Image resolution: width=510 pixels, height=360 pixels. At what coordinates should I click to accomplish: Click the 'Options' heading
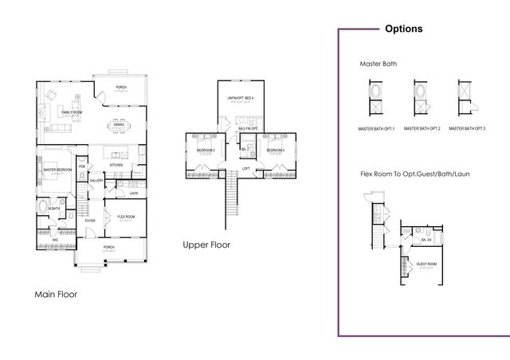pos(403,29)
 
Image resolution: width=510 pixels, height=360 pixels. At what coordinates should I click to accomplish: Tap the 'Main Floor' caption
pos(61,294)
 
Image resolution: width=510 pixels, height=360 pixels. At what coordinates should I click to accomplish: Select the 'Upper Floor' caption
pos(206,245)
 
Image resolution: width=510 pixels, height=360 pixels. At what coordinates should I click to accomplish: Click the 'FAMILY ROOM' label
pos(73,112)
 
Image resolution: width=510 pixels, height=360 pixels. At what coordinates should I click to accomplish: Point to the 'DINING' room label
pos(119,124)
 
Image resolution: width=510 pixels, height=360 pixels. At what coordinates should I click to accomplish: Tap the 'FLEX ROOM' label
pos(126,216)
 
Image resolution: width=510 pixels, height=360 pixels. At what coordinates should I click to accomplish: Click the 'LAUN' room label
pos(133,193)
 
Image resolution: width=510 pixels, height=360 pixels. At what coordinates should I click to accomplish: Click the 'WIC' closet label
pos(55,239)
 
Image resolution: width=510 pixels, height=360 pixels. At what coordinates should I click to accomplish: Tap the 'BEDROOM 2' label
pos(206,150)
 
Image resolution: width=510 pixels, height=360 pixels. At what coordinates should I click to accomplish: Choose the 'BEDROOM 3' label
pos(276,150)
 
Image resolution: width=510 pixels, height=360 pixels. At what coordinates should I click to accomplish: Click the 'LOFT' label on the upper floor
pos(246,169)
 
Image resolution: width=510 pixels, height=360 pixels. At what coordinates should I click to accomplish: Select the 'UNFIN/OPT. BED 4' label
pos(241,97)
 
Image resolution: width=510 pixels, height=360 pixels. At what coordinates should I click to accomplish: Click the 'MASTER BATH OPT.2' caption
pos(422,128)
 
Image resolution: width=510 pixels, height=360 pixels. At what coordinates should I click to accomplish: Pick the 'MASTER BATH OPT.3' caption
pos(467,128)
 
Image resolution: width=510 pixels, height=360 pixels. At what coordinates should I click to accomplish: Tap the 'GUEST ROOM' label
pos(426,263)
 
